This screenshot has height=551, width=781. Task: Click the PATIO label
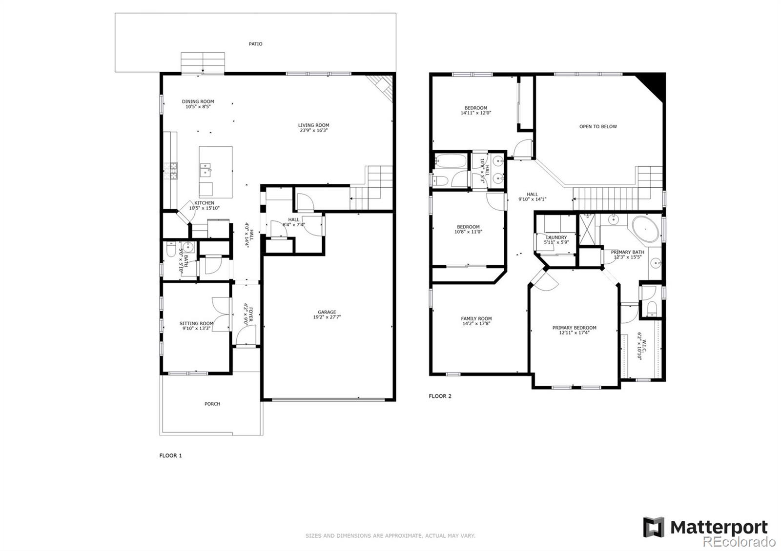[x=255, y=44]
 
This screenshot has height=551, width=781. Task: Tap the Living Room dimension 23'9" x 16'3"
[x=313, y=131]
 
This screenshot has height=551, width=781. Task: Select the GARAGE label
[x=327, y=312]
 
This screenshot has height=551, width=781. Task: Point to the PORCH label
[x=212, y=404]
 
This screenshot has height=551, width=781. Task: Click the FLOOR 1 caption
[x=170, y=455]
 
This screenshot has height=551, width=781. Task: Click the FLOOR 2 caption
[x=440, y=396]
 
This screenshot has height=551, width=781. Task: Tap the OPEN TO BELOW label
[x=598, y=126]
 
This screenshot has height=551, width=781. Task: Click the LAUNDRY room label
[x=556, y=237]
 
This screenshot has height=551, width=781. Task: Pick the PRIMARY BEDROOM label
[x=574, y=328]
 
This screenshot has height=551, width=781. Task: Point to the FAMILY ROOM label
[x=476, y=318]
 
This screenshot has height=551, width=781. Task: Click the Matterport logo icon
[x=654, y=527]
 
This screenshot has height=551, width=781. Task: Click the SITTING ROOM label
[x=196, y=323]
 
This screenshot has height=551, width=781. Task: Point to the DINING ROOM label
[x=198, y=101]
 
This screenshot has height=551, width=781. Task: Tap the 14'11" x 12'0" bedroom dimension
[x=475, y=113]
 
